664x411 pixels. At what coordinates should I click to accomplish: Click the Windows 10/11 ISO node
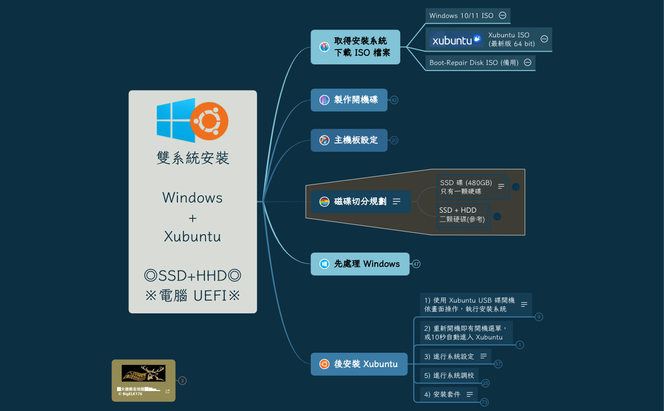[x=461, y=16]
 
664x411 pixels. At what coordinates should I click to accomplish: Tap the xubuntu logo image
[x=456, y=39]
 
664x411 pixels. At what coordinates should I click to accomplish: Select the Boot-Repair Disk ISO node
[x=474, y=63]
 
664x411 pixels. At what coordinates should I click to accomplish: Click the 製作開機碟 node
[x=349, y=100]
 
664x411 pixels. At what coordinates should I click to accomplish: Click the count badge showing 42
[x=394, y=100]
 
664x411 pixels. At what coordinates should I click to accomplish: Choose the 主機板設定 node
[x=349, y=140]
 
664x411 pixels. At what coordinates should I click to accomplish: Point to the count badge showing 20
[x=394, y=140]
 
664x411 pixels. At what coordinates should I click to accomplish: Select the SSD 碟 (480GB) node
[x=466, y=187]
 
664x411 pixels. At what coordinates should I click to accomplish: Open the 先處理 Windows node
[x=360, y=264]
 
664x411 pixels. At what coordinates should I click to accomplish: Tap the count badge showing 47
[x=416, y=264]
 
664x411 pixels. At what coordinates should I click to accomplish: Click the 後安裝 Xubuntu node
[x=359, y=364]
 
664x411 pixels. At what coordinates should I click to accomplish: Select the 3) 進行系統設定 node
[x=449, y=356]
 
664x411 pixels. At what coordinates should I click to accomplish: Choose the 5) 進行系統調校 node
[x=449, y=375]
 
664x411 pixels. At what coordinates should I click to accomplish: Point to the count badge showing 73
[x=485, y=402]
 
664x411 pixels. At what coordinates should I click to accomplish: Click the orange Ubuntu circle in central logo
[x=209, y=122]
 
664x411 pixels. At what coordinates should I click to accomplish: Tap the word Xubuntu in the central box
[x=192, y=236]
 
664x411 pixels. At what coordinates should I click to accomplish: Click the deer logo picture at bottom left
[x=143, y=373]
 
